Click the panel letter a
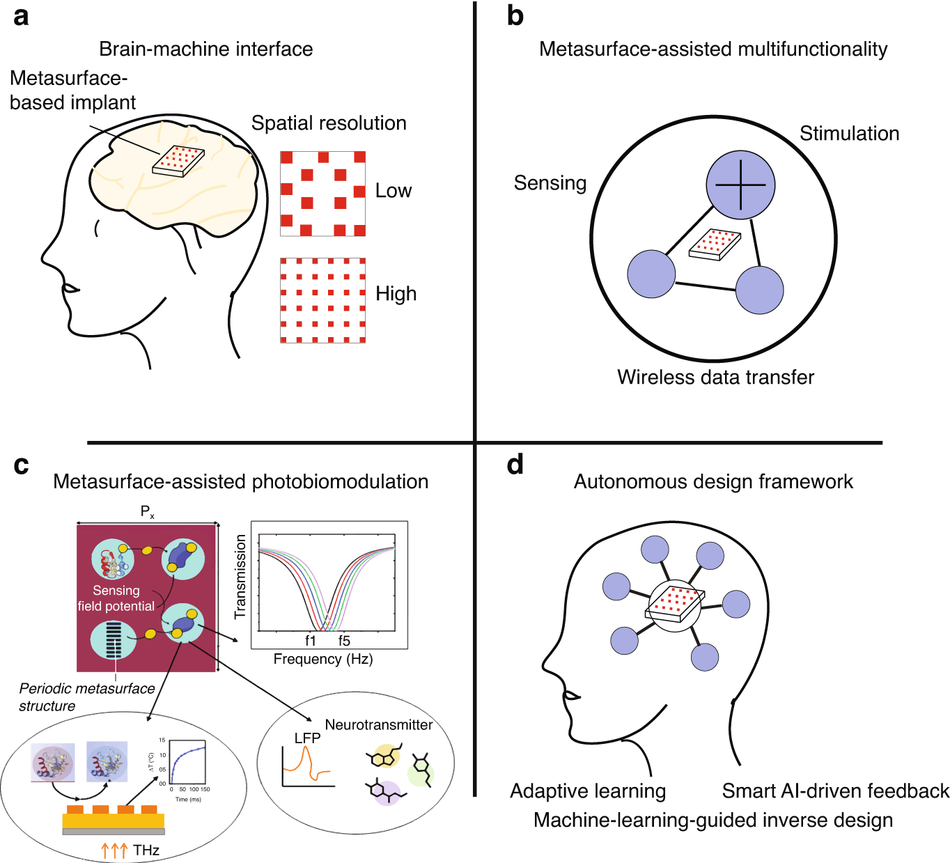point(21,15)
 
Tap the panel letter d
point(515,465)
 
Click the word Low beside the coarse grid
point(394,191)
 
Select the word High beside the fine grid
point(396,294)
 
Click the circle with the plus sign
point(740,185)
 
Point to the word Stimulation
point(849,134)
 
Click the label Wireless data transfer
point(715,378)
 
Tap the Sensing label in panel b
point(550,183)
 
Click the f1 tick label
point(311,641)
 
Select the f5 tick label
point(344,641)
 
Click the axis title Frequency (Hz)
point(323,659)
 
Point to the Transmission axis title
point(241,577)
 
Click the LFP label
point(307,738)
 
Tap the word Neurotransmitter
point(379,725)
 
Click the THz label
point(146,850)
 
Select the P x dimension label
point(148,513)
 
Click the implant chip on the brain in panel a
point(179,161)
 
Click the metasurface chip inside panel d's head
point(674,603)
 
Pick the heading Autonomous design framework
point(713,482)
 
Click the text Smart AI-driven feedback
point(835,791)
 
